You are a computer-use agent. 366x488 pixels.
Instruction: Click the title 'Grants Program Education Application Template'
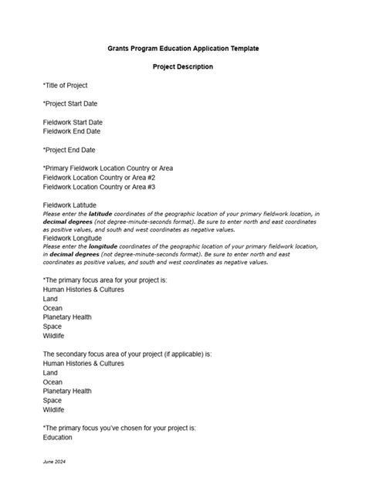pyautogui.click(x=182, y=49)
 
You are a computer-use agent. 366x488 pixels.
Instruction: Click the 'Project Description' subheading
pyautogui.click(x=182, y=67)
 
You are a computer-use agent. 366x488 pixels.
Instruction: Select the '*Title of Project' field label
pyautogui.click(x=66, y=86)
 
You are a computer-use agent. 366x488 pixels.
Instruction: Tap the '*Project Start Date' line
pyautogui.click(x=70, y=103)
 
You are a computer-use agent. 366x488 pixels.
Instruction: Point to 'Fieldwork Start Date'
pyautogui.click(x=73, y=122)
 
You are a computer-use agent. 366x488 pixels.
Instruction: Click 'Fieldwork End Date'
pyautogui.click(x=72, y=131)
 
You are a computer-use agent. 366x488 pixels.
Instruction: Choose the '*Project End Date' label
pyautogui.click(x=69, y=150)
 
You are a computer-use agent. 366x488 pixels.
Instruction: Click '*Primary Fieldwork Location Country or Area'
pyautogui.click(x=108, y=168)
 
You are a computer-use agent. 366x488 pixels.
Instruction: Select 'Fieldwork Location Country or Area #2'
pyautogui.click(x=99, y=178)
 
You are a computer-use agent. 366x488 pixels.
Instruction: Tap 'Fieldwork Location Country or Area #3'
pyautogui.click(x=99, y=187)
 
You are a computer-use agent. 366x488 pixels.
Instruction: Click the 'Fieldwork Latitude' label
pyautogui.click(x=69, y=205)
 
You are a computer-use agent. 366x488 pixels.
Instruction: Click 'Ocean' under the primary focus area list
pyautogui.click(x=53, y=307)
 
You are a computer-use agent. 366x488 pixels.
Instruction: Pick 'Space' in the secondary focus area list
pyautogui.click(x=53, y=401)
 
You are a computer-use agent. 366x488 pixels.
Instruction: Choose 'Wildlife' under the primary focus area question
pyautogui.click(x=54, y=335)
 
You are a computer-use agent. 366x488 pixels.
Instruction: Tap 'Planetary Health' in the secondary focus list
pyautogui.click(x=67, y=391)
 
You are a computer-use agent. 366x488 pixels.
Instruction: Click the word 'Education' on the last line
pyautogui.click(x=58, y=438)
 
